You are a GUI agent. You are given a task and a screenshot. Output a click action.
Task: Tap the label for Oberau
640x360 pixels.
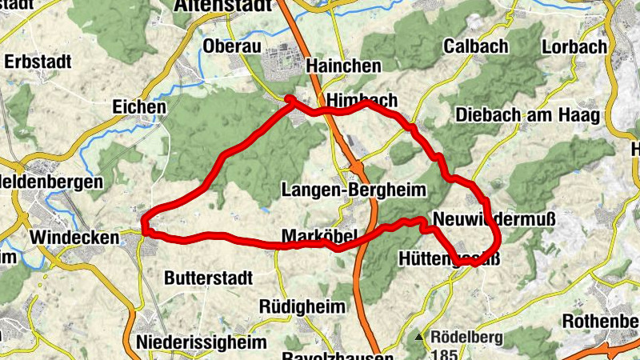(x=232, y=46)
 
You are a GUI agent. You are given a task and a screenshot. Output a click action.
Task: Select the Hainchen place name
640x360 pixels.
(x=344, y=66)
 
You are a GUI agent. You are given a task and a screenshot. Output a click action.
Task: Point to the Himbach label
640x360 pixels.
(x=362, y=100)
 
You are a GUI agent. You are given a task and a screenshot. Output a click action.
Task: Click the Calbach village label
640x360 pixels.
(x=475, y=46)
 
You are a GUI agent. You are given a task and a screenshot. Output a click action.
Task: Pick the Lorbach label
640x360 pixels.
(x=574, y=46)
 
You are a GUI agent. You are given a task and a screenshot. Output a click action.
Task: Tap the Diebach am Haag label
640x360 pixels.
(x=527, y=115)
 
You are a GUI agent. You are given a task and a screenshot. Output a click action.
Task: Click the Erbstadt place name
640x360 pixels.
(x=38, y=61)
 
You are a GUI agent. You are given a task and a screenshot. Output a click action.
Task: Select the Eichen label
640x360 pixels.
(x=139, y=106)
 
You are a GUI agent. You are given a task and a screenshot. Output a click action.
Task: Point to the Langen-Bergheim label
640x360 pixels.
(x=353, y=190)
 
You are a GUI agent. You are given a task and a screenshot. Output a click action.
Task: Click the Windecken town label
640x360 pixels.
(x=74, y=238)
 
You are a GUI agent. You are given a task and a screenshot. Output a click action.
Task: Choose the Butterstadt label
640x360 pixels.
(x=208, y=278)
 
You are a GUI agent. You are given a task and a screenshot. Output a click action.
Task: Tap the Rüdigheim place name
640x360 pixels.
(x=302, y=306)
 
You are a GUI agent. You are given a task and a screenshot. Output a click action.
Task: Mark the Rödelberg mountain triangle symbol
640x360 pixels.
(x=419, y=337)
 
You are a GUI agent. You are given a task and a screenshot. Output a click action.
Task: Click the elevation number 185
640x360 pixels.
(x=445, y=353)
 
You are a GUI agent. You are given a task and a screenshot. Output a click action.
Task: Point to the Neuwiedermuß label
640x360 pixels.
(x=493, y=218)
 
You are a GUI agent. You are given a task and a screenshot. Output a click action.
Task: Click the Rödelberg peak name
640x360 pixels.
(x=466, y=337)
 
